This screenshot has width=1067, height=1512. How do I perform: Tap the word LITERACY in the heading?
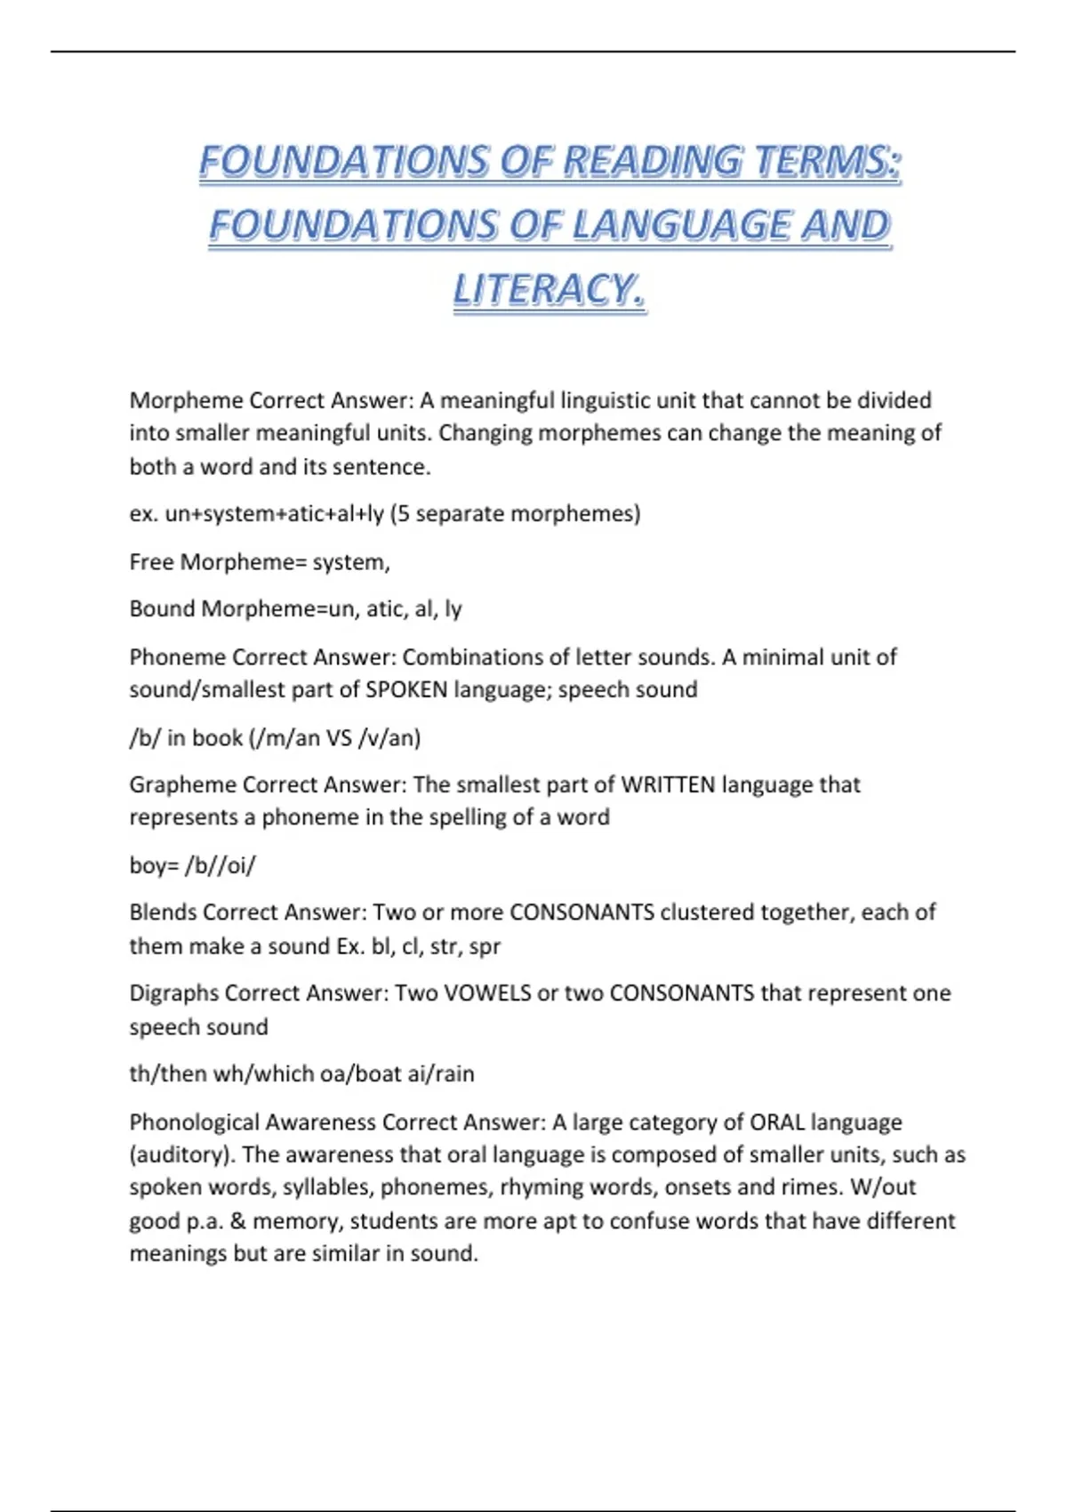(550, 290)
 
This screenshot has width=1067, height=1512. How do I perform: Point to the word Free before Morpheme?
(151, 562)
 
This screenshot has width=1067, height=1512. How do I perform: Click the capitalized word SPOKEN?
(406, 690)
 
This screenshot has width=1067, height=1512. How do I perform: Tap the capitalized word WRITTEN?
(668, 784)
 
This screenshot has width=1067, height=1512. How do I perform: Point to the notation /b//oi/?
(220, 865)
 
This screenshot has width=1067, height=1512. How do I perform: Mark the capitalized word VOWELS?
(487, 993)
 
